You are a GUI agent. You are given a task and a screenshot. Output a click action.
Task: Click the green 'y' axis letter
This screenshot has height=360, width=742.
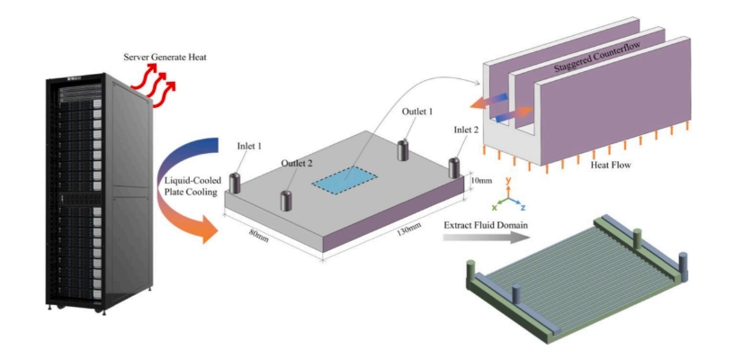coord(509,180)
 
